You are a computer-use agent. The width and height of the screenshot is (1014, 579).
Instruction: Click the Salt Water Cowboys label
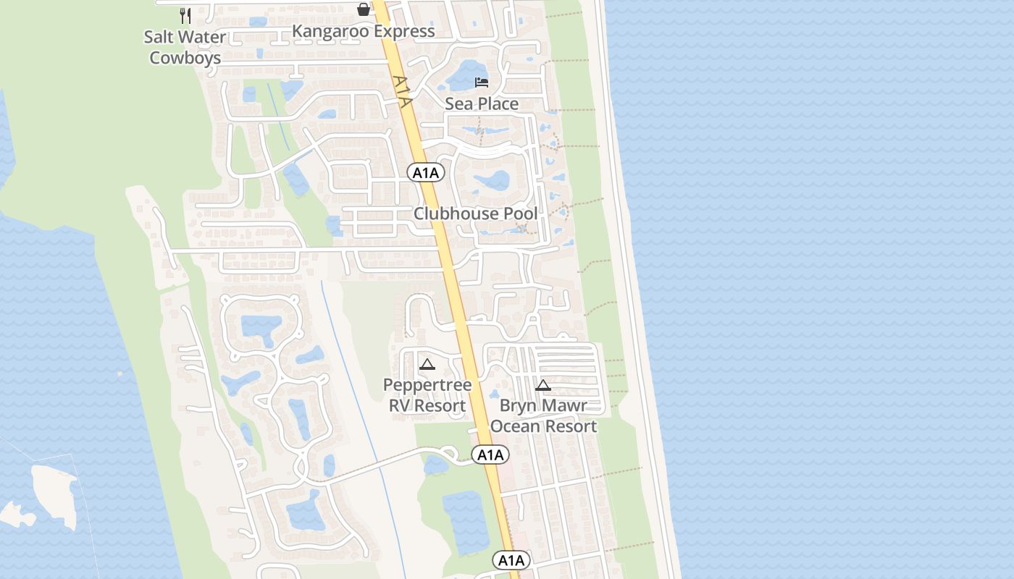click(x=185, y=47)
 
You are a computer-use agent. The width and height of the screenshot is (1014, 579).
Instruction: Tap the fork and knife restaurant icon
click(x=185, y=15)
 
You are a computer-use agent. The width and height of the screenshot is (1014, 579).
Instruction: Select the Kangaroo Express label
click(x=363, y=31)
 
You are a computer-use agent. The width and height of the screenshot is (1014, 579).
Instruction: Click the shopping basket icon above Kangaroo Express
click(x=364, y=9)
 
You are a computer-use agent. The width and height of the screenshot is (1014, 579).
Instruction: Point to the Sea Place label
click(x=482, y=103)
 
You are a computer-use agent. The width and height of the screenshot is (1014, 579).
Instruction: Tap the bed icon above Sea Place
click(x=482, y=82)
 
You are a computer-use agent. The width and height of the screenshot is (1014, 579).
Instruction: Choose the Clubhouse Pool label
click(x=476, y=214)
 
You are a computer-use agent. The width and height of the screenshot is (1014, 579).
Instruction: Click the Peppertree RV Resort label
click(x=427, y=395)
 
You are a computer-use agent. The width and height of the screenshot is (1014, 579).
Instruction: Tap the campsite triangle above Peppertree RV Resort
click(x=427, y=364)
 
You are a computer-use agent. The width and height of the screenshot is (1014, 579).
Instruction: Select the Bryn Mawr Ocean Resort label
click(x=543, y=415)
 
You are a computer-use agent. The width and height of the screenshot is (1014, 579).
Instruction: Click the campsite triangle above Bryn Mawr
click(x=543, y=385)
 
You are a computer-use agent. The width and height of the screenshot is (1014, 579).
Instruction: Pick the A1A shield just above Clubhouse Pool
click(x=425, y=172)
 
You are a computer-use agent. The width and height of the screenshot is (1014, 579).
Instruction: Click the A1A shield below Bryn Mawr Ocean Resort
click(x=490, y=455)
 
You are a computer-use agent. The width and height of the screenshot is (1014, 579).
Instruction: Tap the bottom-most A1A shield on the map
click(x=511, y=560)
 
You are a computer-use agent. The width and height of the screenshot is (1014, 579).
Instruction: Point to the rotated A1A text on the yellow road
click(x=402, y=91)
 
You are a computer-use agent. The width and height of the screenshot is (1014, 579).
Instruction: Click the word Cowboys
click(x=185, y=58)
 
